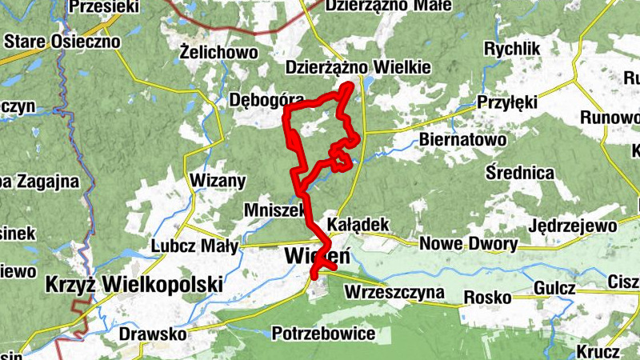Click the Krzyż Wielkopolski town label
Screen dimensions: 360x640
pos(134,284)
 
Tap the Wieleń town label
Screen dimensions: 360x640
pos(317,256)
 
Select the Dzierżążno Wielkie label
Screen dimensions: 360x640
pos(358,69)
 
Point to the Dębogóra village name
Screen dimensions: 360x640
pos(266,100)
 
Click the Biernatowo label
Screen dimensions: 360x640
pos(463,141)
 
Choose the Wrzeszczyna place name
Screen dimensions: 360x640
pos(394,293)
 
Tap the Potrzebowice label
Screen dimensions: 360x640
pos(324,332)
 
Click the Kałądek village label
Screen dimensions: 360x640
pos(358,225)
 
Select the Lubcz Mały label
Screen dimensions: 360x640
pos(194,246)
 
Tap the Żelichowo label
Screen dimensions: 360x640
pos(218,53)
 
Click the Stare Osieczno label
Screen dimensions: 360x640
pos(62,41)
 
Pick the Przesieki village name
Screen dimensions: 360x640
pos(104,7)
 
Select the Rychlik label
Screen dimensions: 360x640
pos(512,50)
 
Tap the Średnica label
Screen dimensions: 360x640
pos(520,172)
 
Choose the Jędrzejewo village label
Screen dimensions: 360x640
pos(572,226)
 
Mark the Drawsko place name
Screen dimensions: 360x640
pos(152,332)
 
